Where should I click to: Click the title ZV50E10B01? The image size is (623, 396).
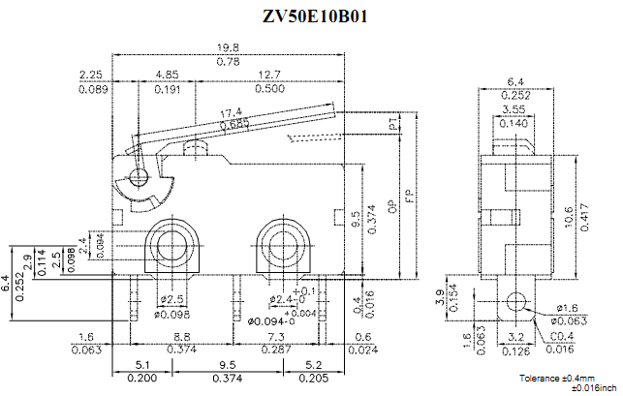pyautogui.click(x=315, y=16)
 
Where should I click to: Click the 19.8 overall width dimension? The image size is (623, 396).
pyautogui.click(x=229, y=47)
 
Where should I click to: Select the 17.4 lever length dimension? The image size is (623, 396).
pyautogui.click(x=230, y=112)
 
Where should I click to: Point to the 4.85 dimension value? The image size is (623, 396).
pyautogui.click(x=165, y=75)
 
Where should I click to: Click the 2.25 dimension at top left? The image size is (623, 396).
pyautogui.click(x=92, y=75)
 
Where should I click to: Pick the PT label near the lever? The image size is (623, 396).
pyautogui.click(x=391, y=125)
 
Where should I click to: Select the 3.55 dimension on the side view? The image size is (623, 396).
pyautogui.click(x=514, y=109)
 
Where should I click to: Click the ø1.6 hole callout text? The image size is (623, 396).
pyautogui.click(x=569, y=308)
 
